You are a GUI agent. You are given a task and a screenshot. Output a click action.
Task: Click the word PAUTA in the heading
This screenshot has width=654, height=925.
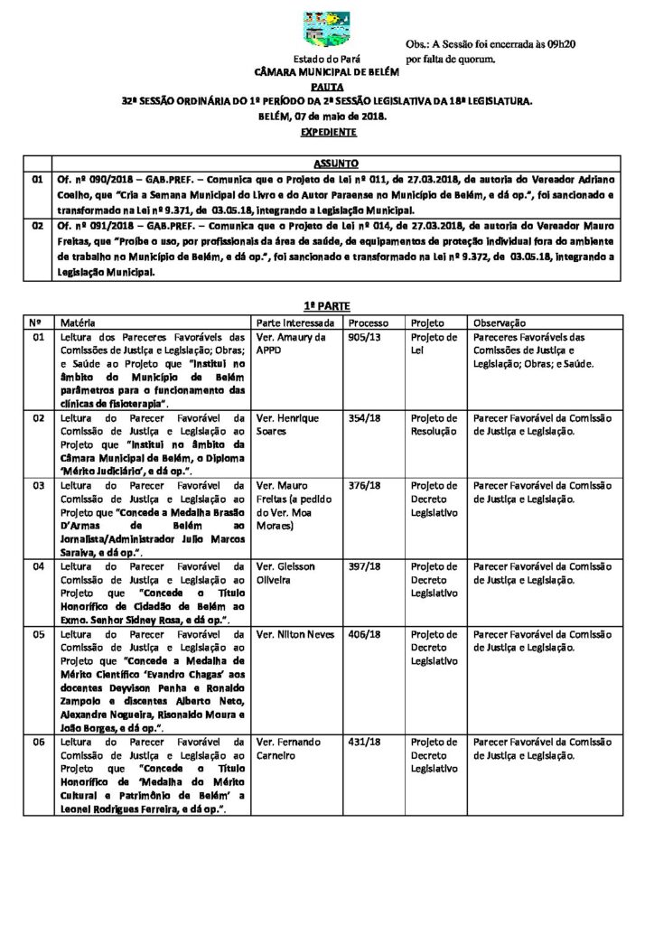[326, 87]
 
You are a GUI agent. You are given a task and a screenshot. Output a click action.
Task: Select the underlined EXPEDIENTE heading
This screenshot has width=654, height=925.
[326, 132]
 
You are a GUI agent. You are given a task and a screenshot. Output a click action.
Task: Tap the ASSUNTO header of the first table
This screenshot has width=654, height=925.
[335, 164]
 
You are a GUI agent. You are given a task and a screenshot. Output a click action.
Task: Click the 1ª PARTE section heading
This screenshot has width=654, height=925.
[326, 307]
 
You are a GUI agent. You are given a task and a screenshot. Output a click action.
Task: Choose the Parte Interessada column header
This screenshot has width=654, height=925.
[295, 322]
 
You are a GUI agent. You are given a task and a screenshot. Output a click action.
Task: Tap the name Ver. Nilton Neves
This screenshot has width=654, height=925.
[295, 634]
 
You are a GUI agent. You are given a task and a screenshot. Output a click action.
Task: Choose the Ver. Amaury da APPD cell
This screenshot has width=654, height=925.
[290, 343]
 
